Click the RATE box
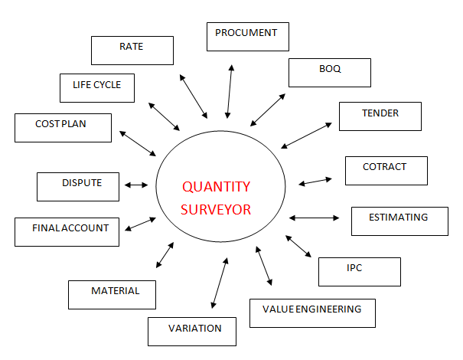pos(132,50)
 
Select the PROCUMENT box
pos(246,37)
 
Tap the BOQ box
pos(330,72)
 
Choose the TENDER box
pos(380,116)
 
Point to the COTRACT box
pos(385,170)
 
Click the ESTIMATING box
pos(398,221)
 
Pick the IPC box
pos(360,271)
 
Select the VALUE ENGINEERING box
pos(312,313)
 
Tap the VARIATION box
pos(192,331)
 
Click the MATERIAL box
pos(112,294)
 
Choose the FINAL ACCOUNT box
pos(67,231)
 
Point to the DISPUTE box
pos(80,186)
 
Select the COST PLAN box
pos(63,127)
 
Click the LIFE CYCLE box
pos(96,87)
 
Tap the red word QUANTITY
pos(216,186)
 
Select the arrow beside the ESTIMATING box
pos(314,218)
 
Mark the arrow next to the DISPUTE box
pos(136,185)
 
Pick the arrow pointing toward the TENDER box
pos(305,134)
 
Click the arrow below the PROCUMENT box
pos(229,90)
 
